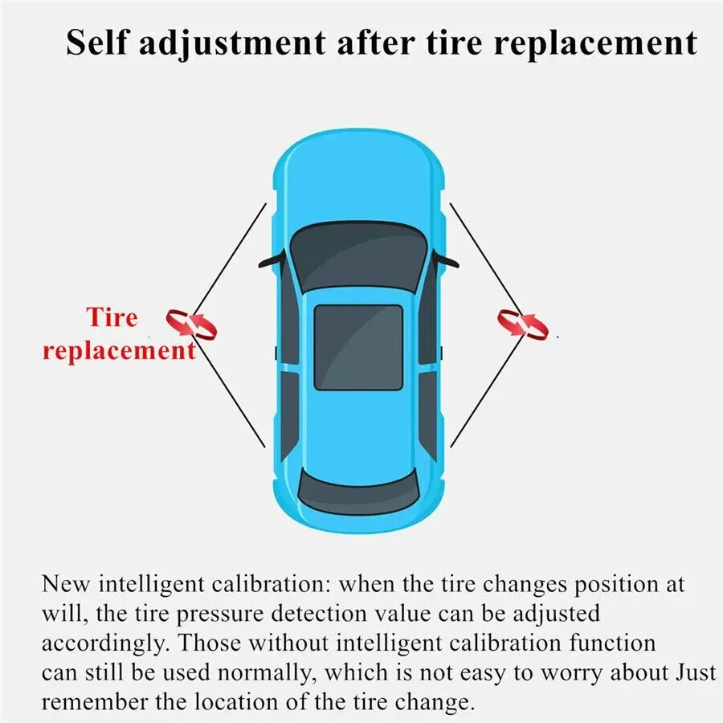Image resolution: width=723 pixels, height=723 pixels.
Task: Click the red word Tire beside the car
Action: tap(112, 317)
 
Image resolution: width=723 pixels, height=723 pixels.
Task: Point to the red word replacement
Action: tap(120, 351)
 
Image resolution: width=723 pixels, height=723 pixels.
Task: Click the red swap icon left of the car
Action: tap(191, 325)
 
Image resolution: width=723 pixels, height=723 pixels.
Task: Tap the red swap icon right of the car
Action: tap(523, 325)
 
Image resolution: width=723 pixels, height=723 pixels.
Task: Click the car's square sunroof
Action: tap(358, 347)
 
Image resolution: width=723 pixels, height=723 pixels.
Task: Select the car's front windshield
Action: tap(358, 256)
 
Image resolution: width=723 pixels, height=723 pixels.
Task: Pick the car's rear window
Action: tap(358, 492)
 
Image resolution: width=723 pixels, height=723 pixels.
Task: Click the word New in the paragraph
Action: tap(65, 584)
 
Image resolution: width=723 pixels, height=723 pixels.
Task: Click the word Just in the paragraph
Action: tap(696, 672)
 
